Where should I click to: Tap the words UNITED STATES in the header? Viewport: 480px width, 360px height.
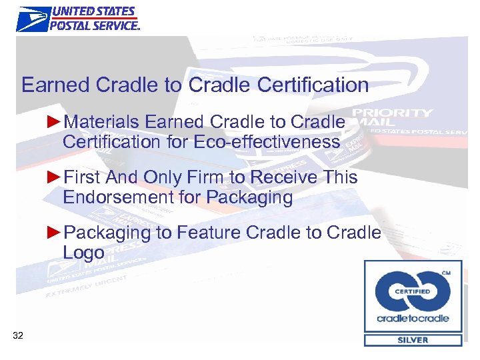[93, 12]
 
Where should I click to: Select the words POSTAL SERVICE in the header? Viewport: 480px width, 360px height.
[95, 25]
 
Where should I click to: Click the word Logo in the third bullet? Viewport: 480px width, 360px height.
[83, 253]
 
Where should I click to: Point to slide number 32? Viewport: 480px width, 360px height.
[18, 335]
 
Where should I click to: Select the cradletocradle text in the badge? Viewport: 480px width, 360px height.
[413, 318]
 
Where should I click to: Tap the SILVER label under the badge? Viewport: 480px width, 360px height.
[413, 340]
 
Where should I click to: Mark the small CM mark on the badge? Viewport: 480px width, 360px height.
[446, 273]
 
